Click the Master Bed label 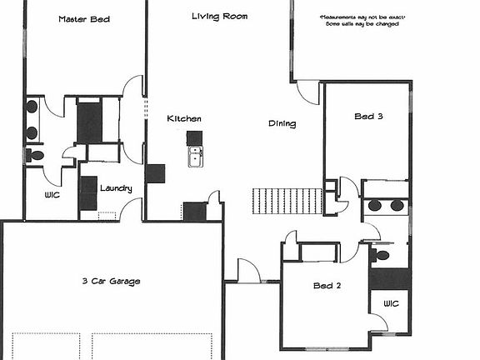pos(84,18)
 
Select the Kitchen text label pos(183,118)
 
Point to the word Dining pos(282,124)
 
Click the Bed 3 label pos(367,117)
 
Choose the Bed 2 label pos(325,286)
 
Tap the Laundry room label pos(116,188)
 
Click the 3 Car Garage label pos(111,281)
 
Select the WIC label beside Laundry pos(54,196)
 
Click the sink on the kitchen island pos(196,157)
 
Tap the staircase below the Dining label pos(287,200)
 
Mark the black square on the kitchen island pos(194,137)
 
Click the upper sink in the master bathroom pos(32,107)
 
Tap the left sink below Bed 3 pos(374,206)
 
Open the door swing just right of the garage pos(248,269)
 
